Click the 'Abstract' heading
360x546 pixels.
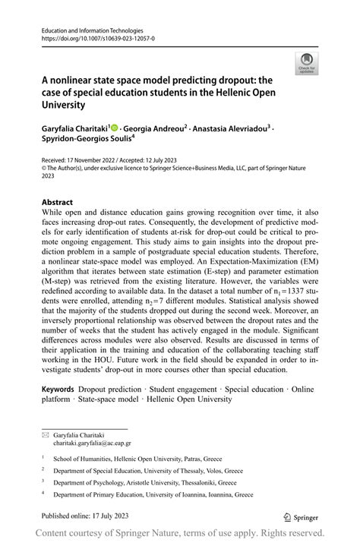coord(58,203)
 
